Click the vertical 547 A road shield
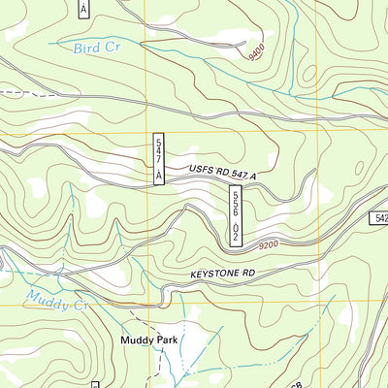(159, 157)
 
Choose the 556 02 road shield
(236, 215)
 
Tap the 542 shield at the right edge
(379, 219)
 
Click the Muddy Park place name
(148, 340)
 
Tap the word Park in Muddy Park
(167, 340)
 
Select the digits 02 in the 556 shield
(236, 232)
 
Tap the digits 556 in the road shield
(236, 204)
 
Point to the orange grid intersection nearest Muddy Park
(145, 307)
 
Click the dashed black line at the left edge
(12, 94)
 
